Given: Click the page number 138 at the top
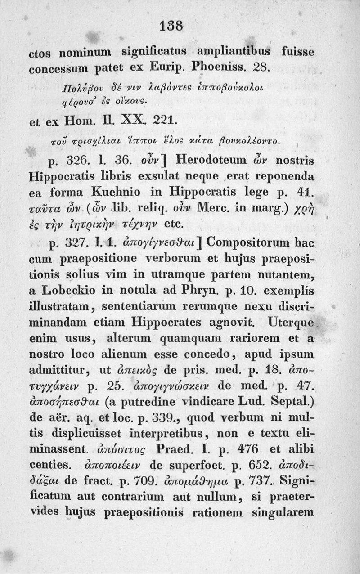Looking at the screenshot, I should click(x=180, y=27).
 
